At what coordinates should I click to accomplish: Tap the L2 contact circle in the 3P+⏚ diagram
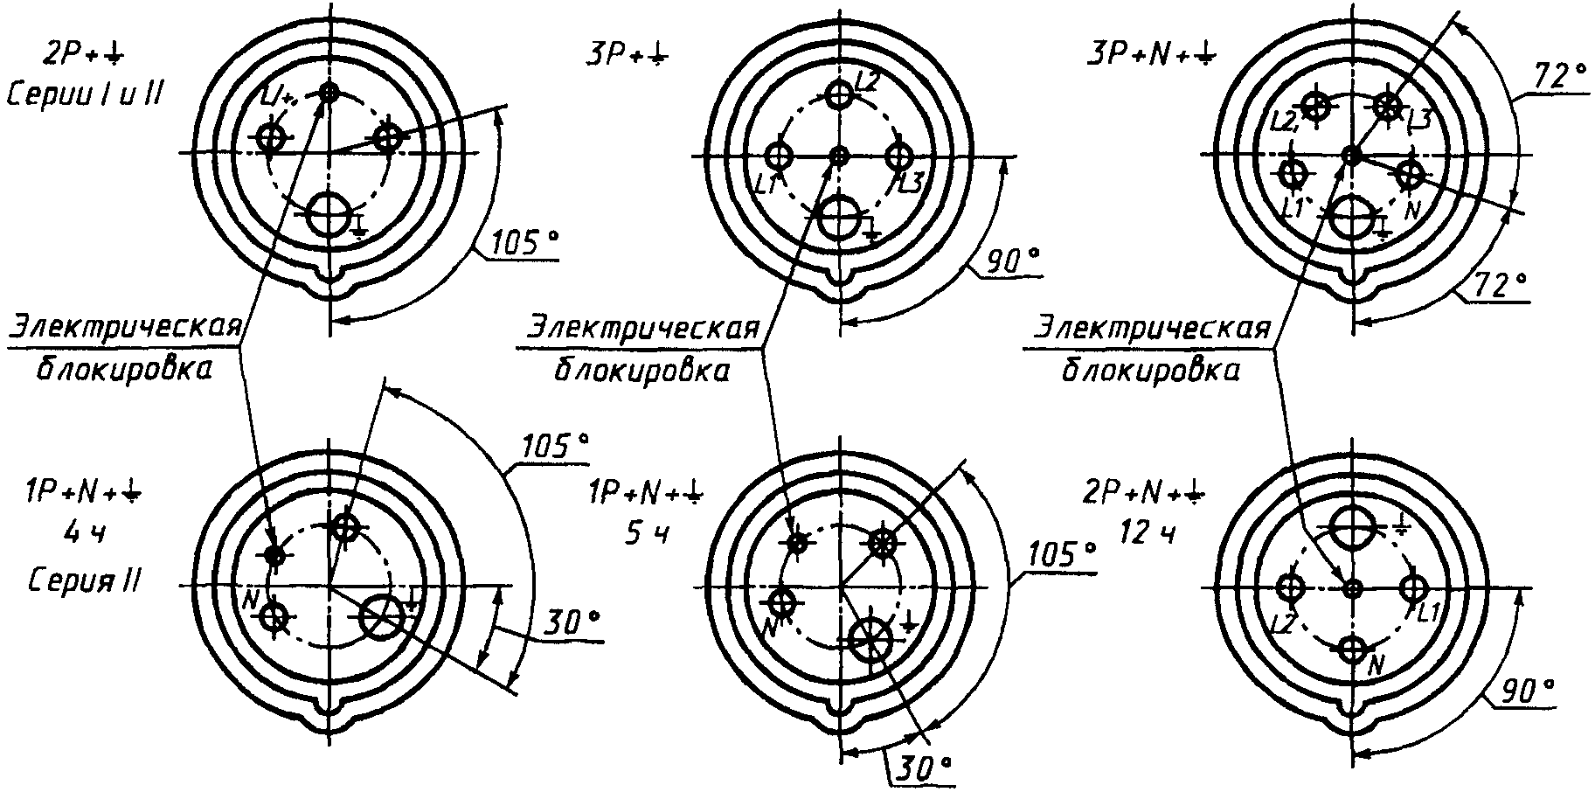[839, 94]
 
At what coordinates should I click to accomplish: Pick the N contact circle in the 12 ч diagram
[1352, 650]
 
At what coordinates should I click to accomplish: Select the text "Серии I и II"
[83, 94]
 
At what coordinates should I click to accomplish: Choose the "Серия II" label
[84, 580]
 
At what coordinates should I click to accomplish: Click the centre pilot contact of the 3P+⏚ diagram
[839, 156]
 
